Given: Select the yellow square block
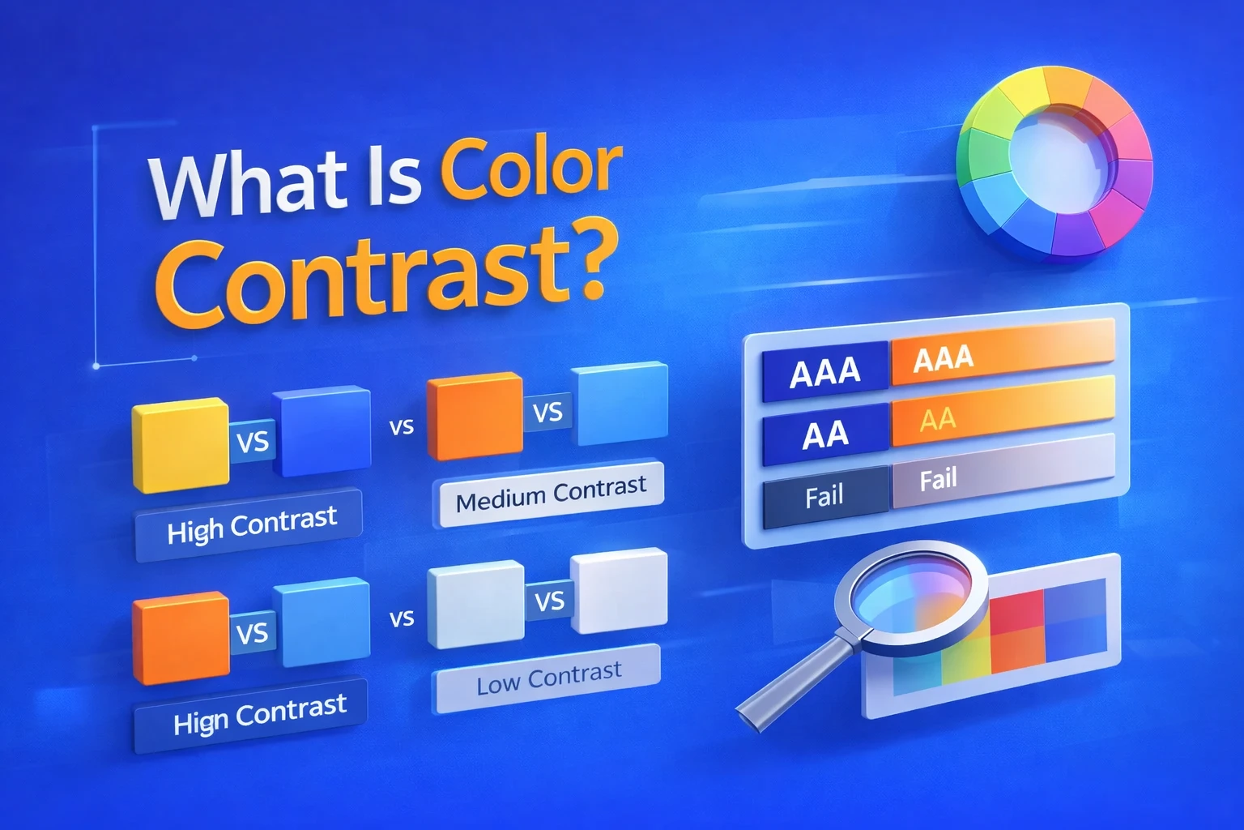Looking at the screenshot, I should tap(180, 445).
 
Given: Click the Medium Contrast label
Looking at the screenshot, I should tap(550, 493).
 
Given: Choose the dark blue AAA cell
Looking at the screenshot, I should tap(824, 371).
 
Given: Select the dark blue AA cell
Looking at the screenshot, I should tap(824, 435).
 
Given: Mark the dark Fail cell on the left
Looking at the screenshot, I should tap(824, 495).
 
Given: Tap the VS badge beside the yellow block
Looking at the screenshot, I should tap(253, 443).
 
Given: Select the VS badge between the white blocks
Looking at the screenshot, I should tap(549, 601).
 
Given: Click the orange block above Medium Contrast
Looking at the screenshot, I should tap(474, 415).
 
